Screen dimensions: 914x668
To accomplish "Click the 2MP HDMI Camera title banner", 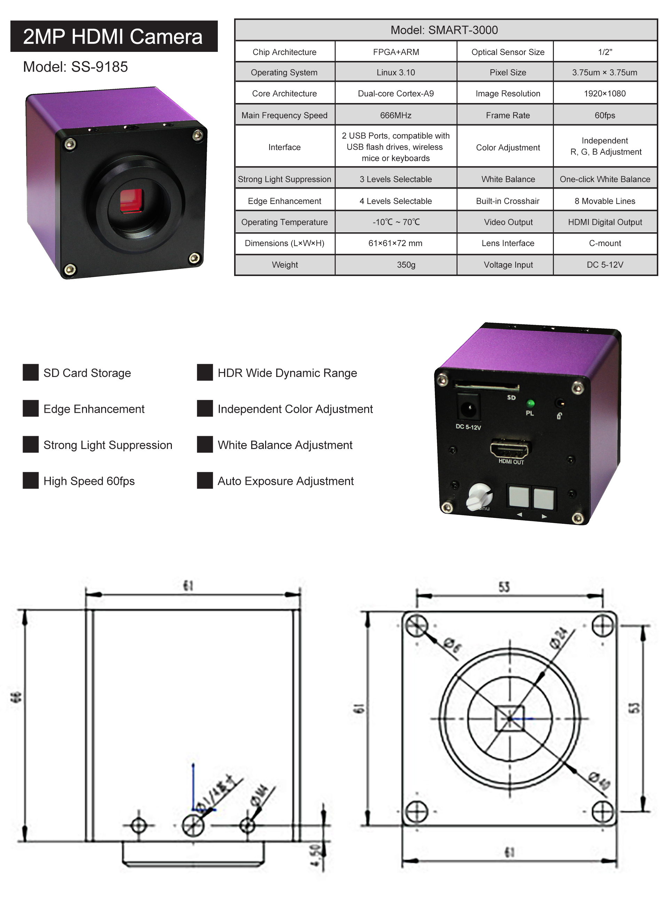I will [114, 37].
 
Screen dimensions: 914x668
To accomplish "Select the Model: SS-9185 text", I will [75, 67].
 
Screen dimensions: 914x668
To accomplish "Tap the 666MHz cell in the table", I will [396, 115].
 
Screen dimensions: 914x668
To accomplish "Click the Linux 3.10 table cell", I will [396, 72].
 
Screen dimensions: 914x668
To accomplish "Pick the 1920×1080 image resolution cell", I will [605, 93].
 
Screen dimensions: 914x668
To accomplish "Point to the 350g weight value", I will [406, 265].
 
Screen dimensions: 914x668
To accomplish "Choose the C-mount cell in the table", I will [605, 243].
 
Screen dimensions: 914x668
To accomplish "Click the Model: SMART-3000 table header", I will [444, 30].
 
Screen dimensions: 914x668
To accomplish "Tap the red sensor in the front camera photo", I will [132, 200].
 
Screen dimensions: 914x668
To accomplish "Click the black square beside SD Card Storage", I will [31, 372].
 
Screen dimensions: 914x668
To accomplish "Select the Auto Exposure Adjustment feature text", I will [286, 481].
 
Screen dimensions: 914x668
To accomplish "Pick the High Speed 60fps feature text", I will [89, 481].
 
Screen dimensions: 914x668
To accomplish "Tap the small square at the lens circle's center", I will [509, 719].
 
